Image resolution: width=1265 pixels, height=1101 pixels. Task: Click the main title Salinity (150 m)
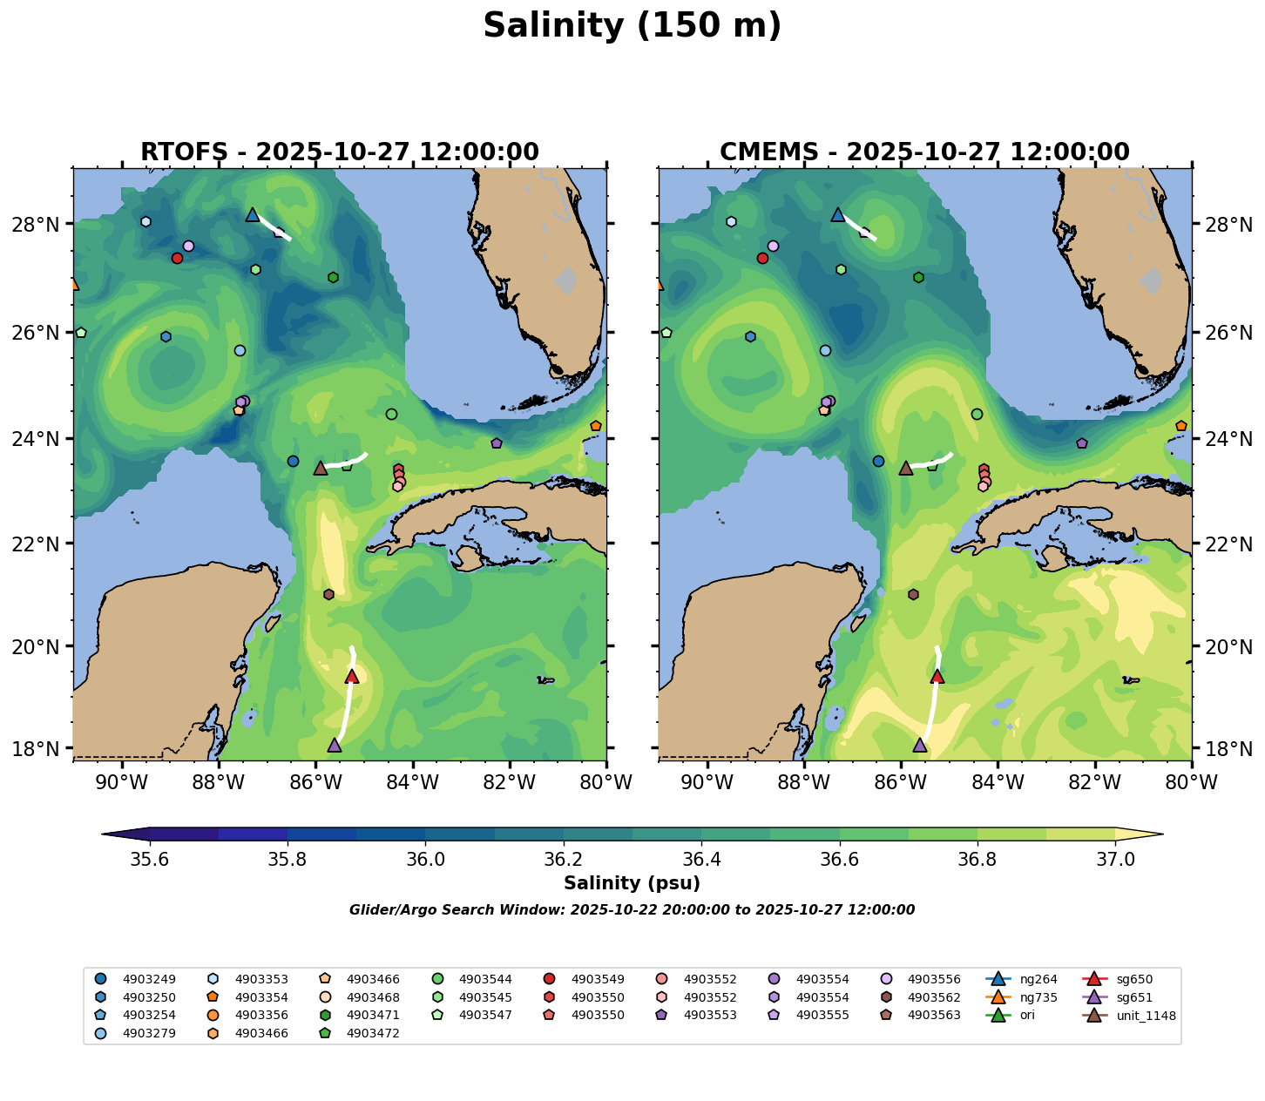pos(632,26)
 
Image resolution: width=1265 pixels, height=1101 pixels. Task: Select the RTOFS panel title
pos(340,152)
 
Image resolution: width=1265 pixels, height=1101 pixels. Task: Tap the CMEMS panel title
pos(924,152)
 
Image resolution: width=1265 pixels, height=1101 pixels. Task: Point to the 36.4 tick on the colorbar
pos(701,859)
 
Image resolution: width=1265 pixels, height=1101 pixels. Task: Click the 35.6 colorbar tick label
pos(150,859)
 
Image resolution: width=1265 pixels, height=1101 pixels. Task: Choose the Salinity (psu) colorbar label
pos(632,883)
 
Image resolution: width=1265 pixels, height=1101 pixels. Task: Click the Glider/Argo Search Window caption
pos(632,910)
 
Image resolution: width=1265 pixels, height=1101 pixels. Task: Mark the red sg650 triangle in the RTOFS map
pos(352,677)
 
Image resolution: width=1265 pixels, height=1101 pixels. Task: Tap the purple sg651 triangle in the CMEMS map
pos(920,745)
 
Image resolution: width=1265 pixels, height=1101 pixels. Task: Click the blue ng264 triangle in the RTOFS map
pos(253,214)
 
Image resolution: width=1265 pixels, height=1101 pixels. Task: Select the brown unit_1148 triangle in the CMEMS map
pos(906,468)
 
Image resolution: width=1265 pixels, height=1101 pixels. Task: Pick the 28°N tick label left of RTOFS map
pos(46,225)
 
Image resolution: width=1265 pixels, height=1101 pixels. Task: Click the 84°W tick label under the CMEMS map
pos(998,783)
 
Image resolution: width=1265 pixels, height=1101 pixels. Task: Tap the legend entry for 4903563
pos(934,1016)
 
